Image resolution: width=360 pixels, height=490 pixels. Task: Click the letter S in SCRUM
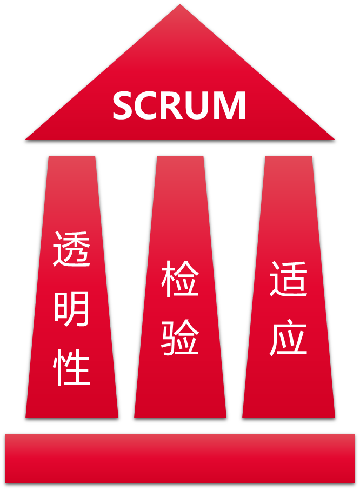click(x=122, y=105)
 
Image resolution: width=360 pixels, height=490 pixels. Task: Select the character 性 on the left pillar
click(x=72, y=368)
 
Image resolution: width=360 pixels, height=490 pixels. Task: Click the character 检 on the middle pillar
click(x=180, y=279)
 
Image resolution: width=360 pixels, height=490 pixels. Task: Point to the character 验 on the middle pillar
click(x=180, y=337)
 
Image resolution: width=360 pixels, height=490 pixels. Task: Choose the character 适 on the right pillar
click(x=289, y=279)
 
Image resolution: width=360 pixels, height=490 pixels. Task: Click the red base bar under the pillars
click(x=180, y=458)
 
